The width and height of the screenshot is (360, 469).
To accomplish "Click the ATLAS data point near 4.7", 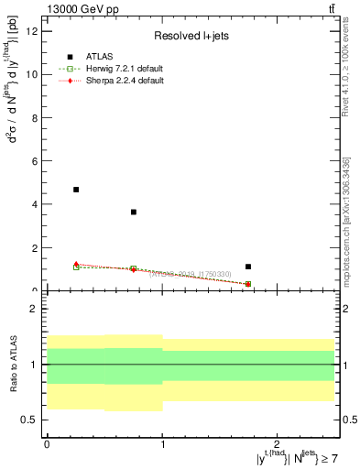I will point(76,190).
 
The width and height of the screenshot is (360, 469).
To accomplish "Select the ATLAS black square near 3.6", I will point(134,212).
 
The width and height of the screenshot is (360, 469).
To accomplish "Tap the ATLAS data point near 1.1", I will point(248,267).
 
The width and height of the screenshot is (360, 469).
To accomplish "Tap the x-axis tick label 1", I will point(162,443).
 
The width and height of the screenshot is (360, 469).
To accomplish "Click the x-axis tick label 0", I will point(47,443).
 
